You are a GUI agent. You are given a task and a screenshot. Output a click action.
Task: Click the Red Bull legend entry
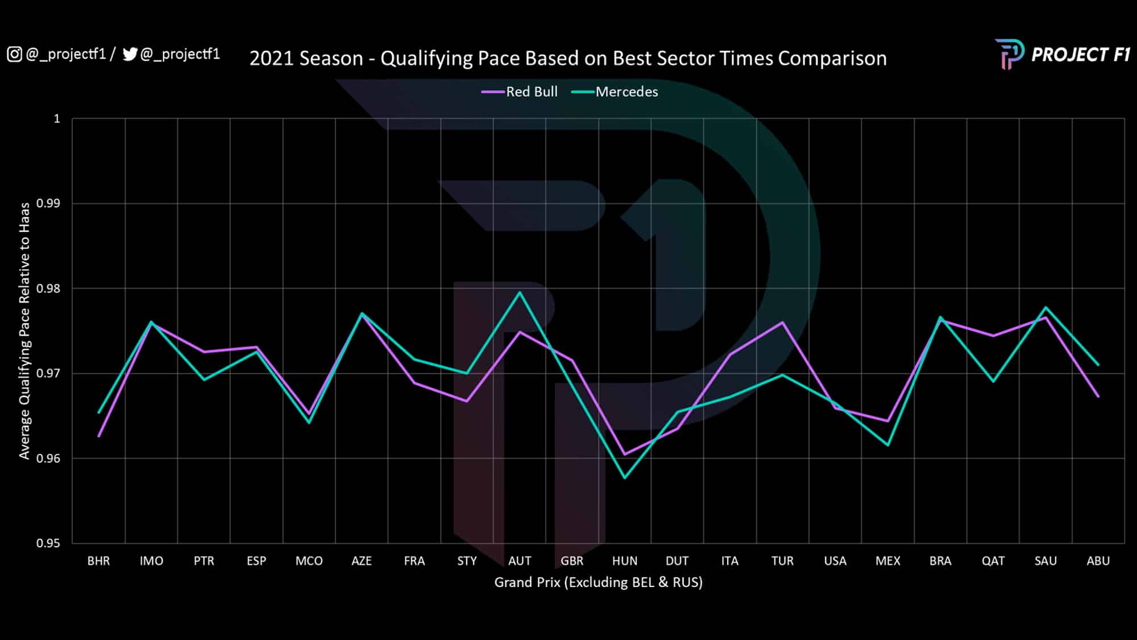(520, 92)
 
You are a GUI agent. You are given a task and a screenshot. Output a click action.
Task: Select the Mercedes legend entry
(615, 92)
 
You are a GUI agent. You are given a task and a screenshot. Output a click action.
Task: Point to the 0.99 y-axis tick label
(48, 203)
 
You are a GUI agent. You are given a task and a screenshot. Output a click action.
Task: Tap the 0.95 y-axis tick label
(48, 543)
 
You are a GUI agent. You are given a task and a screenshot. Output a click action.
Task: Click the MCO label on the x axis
(309, 561)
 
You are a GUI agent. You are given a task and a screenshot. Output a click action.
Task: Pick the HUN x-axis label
(625, 561)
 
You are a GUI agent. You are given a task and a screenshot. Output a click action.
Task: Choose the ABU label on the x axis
(1098, 561)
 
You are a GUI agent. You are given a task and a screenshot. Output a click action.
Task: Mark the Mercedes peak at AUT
(520, 292)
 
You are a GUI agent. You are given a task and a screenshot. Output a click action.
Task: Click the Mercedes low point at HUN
(625, 477)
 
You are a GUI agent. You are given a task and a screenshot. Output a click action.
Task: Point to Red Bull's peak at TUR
(783, 322)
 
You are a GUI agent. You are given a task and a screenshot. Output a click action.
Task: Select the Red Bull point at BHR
(99, 436)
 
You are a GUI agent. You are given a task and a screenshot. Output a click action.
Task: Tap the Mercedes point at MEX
(888, 445)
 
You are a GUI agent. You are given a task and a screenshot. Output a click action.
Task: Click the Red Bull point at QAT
(993, 336)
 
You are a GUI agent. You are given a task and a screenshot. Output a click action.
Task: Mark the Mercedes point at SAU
(1045, 307)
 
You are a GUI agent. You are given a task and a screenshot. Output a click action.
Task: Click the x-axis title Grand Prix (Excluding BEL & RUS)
(598, 582)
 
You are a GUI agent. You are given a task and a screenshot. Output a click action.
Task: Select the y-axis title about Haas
(24, 331)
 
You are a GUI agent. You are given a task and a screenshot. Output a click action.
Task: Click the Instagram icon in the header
(14, 54)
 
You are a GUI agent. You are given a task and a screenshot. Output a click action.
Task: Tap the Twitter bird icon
(130, 54)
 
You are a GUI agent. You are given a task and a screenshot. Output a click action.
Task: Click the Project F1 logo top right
(1062, 55)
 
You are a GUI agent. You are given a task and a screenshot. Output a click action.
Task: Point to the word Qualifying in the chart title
(426, 59)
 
